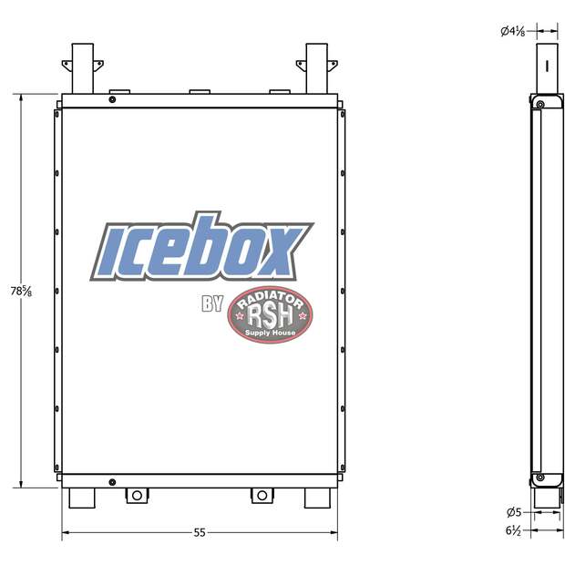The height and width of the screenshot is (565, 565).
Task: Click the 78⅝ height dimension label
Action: coord(21,291)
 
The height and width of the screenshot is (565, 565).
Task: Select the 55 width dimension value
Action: coord(200,532)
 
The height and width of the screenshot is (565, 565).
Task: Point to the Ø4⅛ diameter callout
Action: coord(513,31)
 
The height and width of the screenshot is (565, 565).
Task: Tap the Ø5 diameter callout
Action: coord(514,512)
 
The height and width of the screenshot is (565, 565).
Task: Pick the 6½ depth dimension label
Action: coord(513,530)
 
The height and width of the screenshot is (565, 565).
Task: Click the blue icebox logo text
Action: coord(201,247)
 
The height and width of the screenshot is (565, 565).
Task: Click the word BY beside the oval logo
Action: coord(212,303)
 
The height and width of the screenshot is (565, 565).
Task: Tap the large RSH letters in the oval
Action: coord(271,314)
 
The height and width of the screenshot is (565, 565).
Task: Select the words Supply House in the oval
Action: coord(271,333)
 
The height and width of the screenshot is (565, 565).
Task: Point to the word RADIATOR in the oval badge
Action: coord(271,298)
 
